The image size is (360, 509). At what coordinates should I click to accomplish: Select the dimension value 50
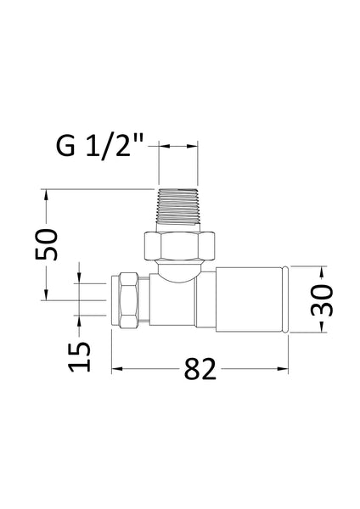[48, 245]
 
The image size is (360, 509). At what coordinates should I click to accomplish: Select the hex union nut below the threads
[179, 244]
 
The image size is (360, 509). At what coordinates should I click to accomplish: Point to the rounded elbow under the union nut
[179, 271]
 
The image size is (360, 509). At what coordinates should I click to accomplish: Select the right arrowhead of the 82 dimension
[286, 369]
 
